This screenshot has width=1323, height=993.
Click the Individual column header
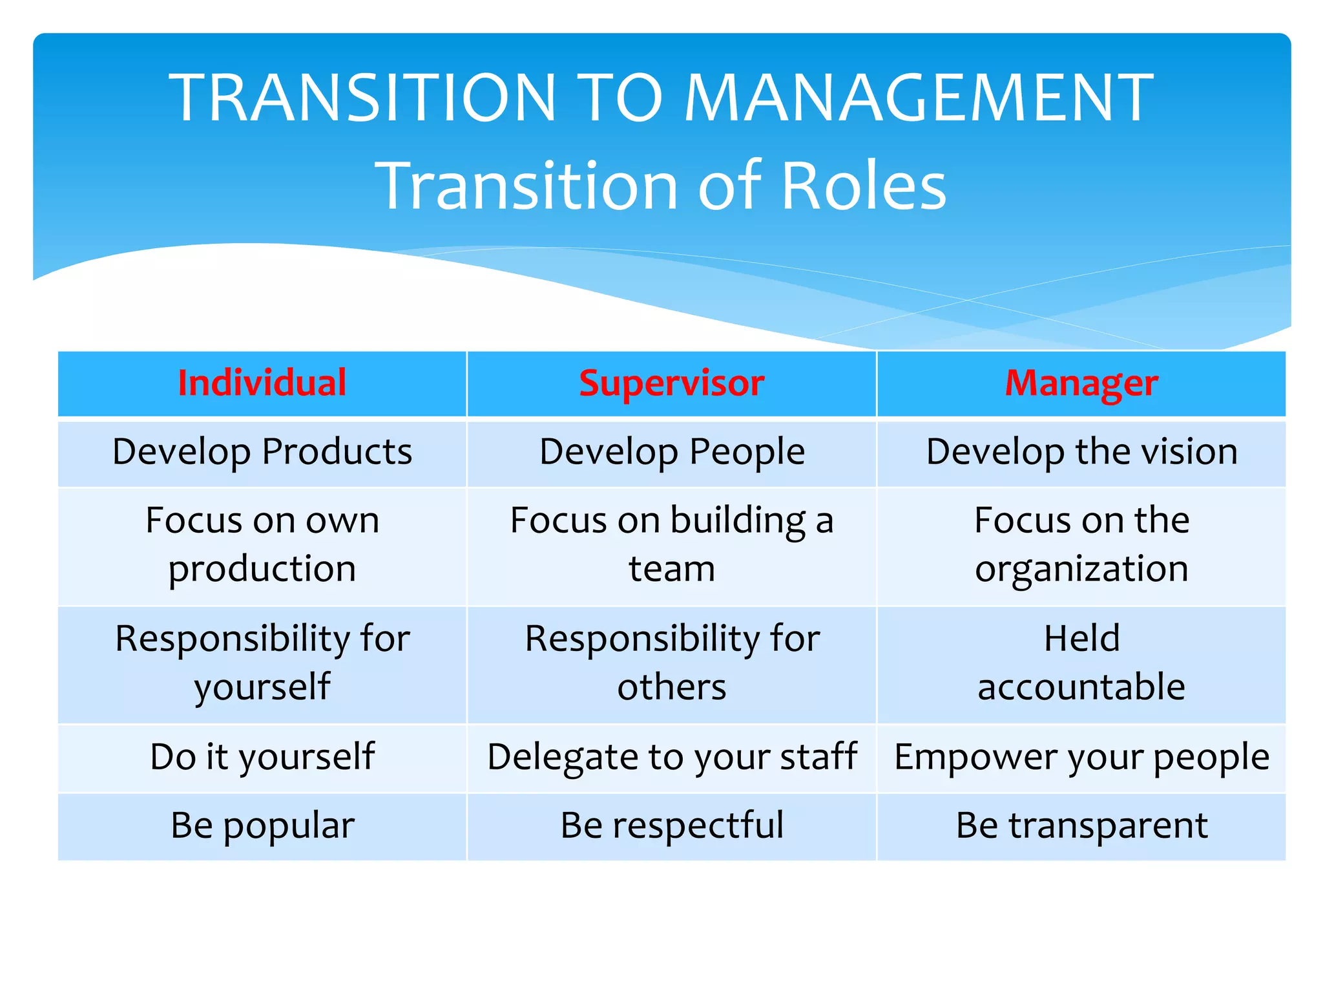click(262, 383)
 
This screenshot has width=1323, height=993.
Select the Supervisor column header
click(671, 383)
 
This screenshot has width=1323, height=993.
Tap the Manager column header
click(1081, 383)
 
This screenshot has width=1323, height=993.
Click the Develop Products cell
click(262, 452)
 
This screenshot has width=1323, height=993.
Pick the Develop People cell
click(671, 452)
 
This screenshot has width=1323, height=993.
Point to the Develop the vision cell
click(1081, 452)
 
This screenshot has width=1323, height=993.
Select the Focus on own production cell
click(262, 544)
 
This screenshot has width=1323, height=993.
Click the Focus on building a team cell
click(671, 544)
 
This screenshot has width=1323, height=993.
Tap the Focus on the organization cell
click(1081, 544)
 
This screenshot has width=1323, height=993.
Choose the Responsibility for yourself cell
click(262, 663)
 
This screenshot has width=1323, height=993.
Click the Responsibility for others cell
click(671, 663)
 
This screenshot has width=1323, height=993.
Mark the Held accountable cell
click(1081, 663)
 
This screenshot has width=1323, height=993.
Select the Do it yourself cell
click(262, 757)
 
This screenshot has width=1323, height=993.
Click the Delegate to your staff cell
click(671, 757)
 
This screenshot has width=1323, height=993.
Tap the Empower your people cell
click(1081, 757)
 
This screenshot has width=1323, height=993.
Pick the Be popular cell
click(262, 826)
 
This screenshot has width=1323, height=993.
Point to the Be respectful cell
click(671, 826)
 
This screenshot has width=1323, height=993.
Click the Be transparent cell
click(1081, 826)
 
